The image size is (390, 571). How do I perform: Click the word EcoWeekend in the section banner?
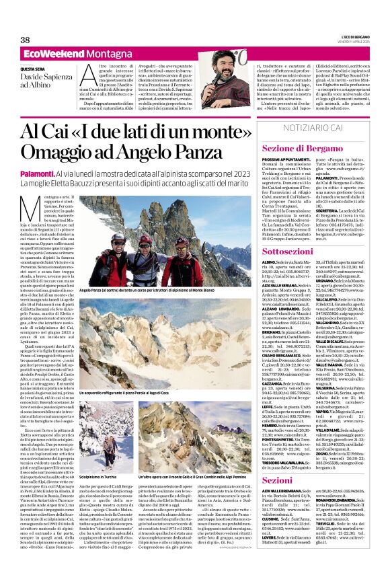click(x=45, y=54)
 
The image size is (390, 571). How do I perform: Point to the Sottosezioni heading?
click(x=291, y=250)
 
